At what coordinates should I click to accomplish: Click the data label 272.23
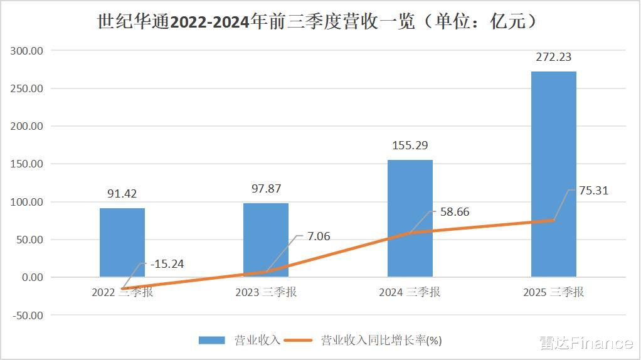(554, 57)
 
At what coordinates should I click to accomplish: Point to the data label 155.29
(410, 146)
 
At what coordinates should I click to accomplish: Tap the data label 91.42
(122, 194)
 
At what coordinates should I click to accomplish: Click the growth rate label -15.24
(167, 264)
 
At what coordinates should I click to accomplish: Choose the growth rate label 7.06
(317, 236)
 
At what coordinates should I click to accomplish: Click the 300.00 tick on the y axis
(28, 50)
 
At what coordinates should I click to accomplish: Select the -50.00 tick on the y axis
(28, 315)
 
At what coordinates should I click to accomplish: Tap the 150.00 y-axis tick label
(28, 164)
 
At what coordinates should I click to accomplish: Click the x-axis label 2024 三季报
(410, 292)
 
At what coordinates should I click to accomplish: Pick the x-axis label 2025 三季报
(554, 292)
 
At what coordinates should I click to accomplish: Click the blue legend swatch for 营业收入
(211, 341)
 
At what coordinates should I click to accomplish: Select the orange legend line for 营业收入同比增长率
(299, 341)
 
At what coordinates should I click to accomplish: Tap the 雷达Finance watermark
(586, 343)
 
